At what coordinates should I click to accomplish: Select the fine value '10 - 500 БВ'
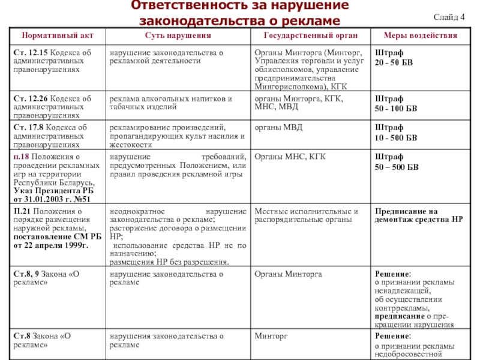click(x=396, y=137)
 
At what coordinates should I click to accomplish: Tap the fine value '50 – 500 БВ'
click(x=397, y=167)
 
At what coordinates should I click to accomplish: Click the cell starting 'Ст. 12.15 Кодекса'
click(x=54, y=62)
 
